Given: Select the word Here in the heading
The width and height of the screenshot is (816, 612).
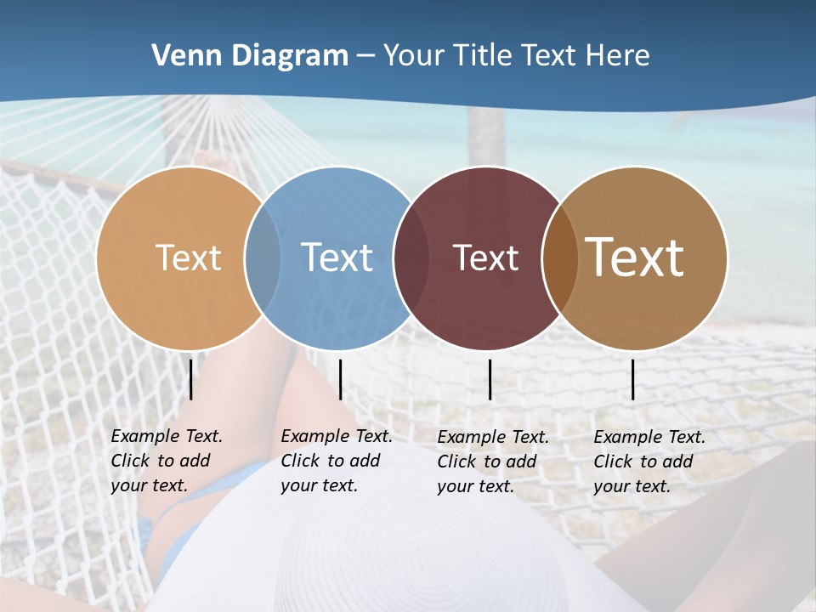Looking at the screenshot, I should coord(618,56).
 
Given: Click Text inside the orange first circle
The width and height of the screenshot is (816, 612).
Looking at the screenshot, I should coord(188,258).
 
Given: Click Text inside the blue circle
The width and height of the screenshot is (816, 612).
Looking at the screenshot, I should coord(337,258).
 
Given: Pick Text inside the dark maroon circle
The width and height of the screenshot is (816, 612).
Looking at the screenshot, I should coord(485,258).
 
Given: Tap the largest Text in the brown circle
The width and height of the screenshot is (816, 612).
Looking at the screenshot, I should coord(635,258).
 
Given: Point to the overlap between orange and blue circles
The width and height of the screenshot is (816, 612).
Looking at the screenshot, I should coord(263,258).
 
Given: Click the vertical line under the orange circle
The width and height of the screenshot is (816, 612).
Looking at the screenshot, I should coord(190,379).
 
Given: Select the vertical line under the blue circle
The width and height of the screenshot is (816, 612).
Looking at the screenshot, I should coord(340,379).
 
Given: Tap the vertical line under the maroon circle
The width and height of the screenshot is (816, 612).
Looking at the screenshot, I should coord(490,379).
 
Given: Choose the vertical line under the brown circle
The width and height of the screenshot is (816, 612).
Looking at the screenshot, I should coord(632,379).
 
